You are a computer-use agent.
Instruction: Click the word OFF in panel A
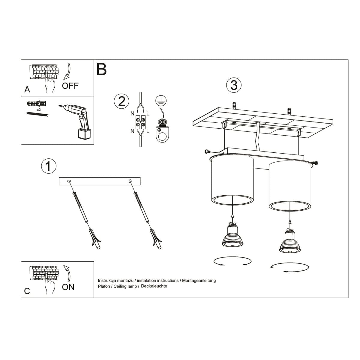[70, 86]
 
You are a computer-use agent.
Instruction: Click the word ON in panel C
[68, 287]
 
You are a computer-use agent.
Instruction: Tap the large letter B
[102, 69]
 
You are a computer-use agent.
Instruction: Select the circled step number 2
[121, 101]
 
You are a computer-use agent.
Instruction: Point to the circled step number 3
[234, 85]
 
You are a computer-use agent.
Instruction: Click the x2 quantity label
[39, 110]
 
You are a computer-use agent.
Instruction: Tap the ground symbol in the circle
[161, 100]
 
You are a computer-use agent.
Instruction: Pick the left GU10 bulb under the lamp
[232, 236]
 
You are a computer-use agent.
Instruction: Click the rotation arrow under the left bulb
[232, 261]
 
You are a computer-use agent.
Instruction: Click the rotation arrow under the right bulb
[289, 267]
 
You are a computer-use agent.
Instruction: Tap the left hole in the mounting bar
[70, 181]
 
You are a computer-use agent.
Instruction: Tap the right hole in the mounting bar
[130, 181]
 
